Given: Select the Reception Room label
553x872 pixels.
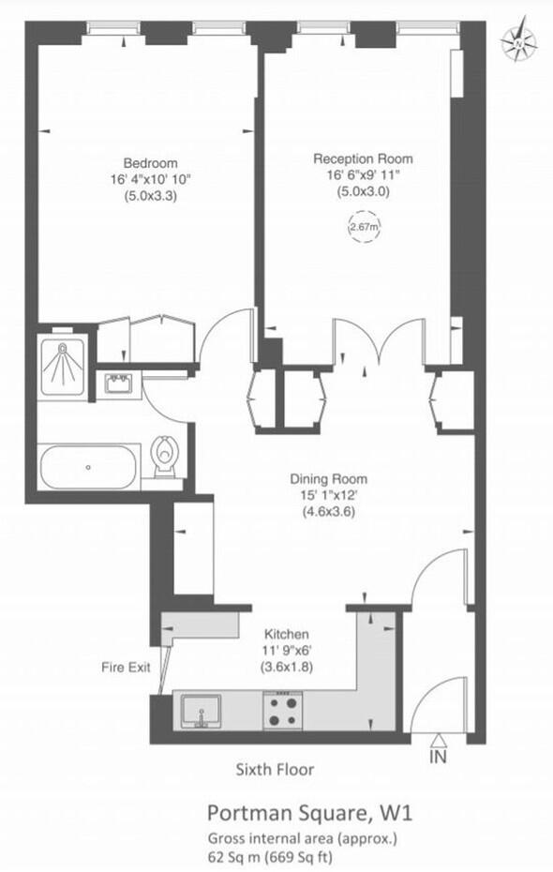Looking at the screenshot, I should (x=363, y=158).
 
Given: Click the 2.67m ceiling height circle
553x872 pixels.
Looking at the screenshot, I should (x=363, y=227).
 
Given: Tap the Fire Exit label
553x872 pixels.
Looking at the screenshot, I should (x=126, y=669).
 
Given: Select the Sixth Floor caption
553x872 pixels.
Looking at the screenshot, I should (x=274, y=770).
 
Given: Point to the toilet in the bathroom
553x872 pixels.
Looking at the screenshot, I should (x=165, y=459).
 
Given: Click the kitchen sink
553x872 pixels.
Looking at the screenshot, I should (x=200, y=710).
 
